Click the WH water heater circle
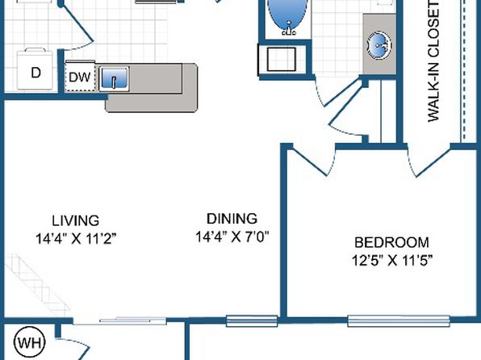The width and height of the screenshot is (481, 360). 30,342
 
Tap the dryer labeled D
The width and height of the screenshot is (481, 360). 35,69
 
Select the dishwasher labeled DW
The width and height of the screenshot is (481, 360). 80,77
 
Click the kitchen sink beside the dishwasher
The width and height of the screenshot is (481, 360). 114,78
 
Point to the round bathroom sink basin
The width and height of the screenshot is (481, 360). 379,45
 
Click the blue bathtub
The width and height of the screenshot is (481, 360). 287,15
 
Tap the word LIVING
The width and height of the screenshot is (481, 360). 76,220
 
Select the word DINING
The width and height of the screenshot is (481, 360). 232,219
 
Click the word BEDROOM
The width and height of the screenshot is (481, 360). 391,242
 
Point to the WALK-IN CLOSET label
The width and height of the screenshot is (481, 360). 433,61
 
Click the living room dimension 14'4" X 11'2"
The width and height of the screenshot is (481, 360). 77,238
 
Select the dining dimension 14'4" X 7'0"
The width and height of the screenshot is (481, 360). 232,237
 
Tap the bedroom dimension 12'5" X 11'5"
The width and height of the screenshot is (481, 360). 392,261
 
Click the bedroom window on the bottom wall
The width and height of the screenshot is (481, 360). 399,320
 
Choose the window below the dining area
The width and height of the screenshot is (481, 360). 252,320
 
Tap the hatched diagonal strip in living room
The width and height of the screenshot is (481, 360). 37,284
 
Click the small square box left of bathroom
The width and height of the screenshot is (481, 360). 282,59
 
